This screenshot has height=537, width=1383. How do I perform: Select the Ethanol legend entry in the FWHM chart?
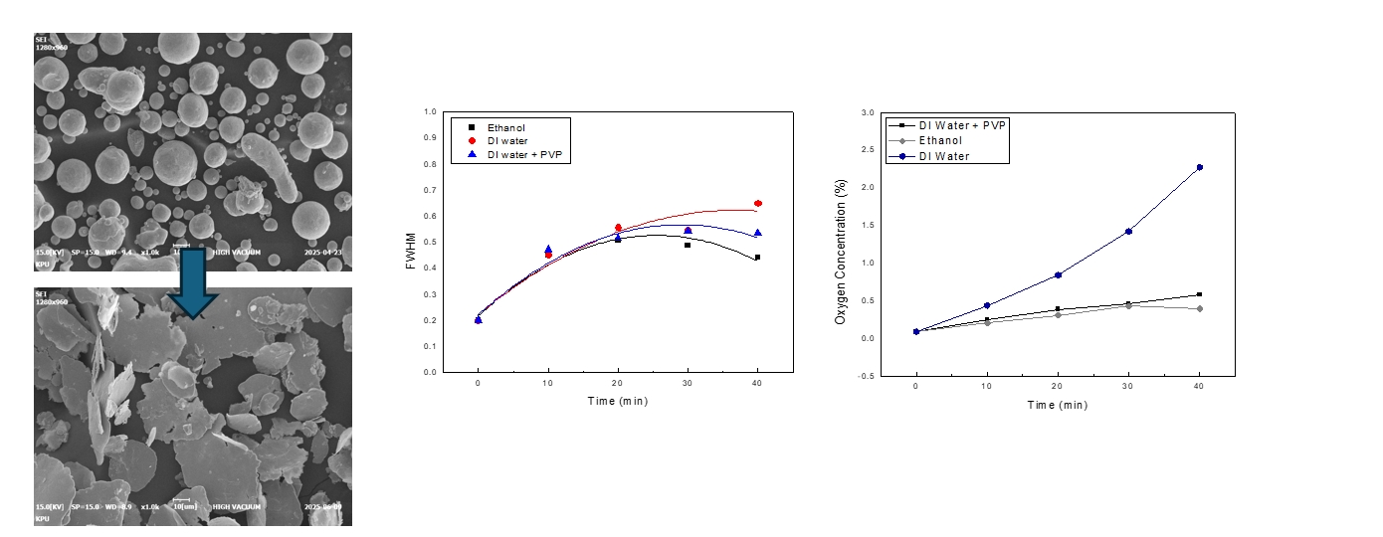tap(504, 127)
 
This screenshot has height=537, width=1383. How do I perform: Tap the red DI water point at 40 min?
tap(758, 203)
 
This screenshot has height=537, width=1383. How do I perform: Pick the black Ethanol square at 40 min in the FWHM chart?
tap(757, 257)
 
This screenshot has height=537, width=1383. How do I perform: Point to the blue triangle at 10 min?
tap(548, 250)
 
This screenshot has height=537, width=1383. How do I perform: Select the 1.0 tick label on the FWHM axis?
tap(429, 112)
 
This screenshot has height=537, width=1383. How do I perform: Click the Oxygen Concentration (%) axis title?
tap(841, 252)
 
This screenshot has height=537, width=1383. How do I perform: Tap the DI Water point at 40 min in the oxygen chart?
tap(1200, 167)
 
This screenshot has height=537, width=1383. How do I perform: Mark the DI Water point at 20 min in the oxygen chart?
tap(1058, 274)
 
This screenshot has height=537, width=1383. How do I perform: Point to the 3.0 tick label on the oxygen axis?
tap(869, 112)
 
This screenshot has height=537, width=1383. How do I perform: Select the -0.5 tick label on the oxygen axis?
tap(867, 376)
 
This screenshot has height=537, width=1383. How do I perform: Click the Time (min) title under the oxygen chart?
tap(1058, 405)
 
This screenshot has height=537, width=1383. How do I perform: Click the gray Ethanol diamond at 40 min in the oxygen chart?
tap(1200, 308)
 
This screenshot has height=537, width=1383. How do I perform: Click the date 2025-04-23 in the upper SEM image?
tap(323, 252)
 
